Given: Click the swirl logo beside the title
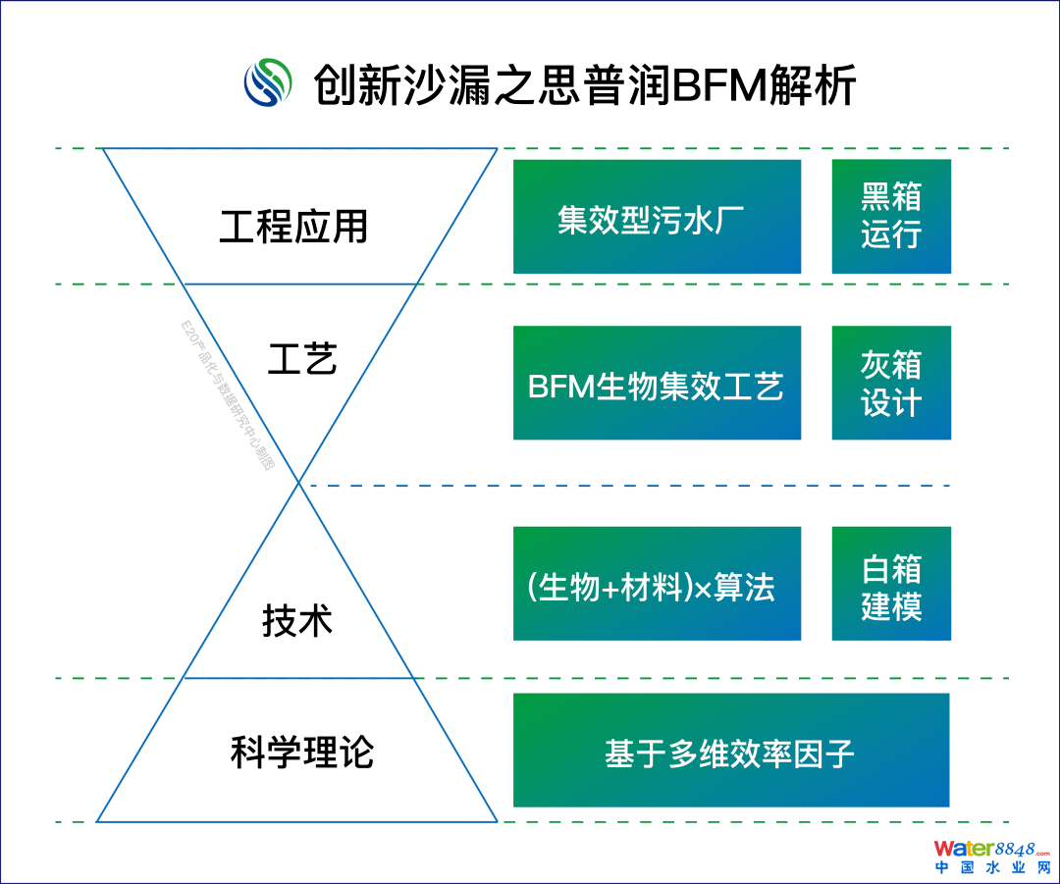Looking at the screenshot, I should click(269, 82).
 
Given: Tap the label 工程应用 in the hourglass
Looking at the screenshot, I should click(293, 227).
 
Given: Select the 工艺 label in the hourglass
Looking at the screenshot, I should click(302, 359).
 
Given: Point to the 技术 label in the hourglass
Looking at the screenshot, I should click(297, 620).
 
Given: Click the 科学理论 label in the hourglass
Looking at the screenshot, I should click(302, 753).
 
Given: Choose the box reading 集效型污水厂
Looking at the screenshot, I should click(657, 217).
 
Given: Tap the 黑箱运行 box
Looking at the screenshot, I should click(891, 217).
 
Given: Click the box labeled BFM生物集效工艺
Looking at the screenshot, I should click(657, 384).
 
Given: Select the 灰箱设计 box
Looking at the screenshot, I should click(891, 384).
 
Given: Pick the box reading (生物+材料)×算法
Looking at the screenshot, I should click(657, 585).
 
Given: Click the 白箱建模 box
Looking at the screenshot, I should click(891, 585).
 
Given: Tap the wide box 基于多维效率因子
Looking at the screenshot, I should click(731, 752).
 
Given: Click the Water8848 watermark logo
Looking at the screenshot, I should click(990, 849).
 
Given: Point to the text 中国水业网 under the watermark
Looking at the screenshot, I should click(990, 868).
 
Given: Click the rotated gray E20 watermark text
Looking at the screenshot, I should click(227, 396).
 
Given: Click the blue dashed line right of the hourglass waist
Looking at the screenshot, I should click(628, 486).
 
